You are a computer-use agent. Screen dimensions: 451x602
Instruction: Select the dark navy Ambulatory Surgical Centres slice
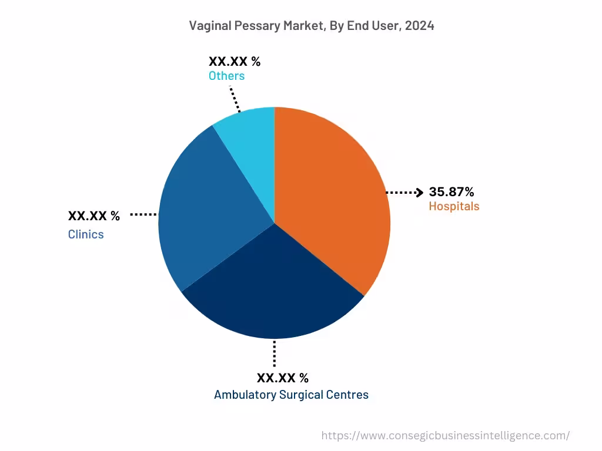(273, 288)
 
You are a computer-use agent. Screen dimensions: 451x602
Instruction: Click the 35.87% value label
(451, 191)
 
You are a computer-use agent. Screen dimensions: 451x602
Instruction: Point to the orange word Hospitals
(453, 206)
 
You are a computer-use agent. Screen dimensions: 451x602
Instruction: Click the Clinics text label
(86, 234)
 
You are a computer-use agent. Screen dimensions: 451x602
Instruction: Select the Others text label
(226, 76)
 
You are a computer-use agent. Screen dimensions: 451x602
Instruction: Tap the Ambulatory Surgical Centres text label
(291, 395)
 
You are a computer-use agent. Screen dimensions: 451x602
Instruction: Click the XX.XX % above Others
(234, 61)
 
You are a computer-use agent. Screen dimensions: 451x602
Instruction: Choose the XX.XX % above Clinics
(93, 216)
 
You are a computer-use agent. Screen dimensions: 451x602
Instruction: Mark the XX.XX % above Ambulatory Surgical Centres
(282, 378)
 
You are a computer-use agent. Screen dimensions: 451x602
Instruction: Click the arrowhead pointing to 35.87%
(419, 192)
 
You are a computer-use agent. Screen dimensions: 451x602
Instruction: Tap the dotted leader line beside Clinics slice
(143, 215)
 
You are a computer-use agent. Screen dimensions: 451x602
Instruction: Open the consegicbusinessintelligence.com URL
(445, 435)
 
